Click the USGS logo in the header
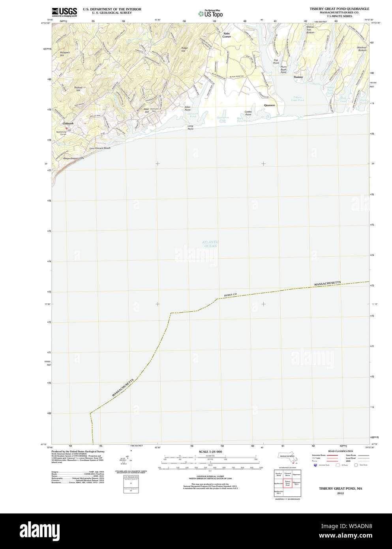pyautogui.click(x=64, y=12)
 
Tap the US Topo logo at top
pyautogui.click(x=211, y=13)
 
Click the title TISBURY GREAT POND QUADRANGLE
pyautogui.click(x=339, y=9)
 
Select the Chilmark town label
pyautogui.click(x=68, y=123)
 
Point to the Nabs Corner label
pyautogui.click(x=226, y=35)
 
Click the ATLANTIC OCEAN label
pyautogui.click(x=210, y=244)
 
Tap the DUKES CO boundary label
pyautogui.click(x=230, y=295)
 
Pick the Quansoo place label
pyautogui.click(x=270, y=105)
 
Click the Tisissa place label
pyautogui.click(x=298, y=77)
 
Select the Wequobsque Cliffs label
pyautogui.click(x=73, y=158)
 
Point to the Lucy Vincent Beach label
pyautogui.click(x=100, y=148)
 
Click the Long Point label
pyautogui.click(x=190, y=127)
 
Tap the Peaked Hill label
pyautogui.click(x=78, y=89)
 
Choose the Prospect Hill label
pyautogui.click(x=65, y=54)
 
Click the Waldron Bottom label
pyautogui.click(x=362, y=49)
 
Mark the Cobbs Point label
pyautogui.click(x=248, y=113)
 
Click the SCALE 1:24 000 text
pyautogui.click(x=210, y=451)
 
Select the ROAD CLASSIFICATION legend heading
pyautogui.click(x=340, y=451)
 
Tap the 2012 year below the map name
pyautogui.click(x=340, y=493)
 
